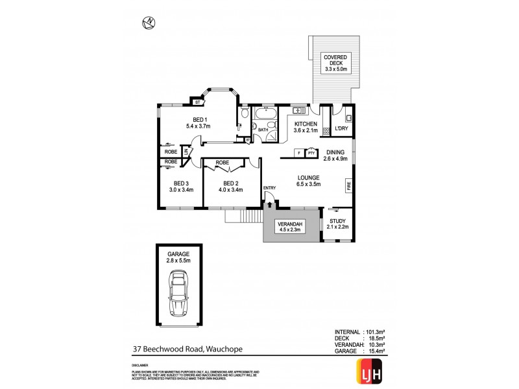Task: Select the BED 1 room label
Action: tap(196, 123)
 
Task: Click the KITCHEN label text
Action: tap(306, 127)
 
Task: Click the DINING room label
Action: tap(336, 156)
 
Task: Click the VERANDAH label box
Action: tap(291, 226)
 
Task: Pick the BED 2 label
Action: tap(232, 187)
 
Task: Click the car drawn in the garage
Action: tap(176, 292)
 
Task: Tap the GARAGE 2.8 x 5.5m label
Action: tap(176, 257)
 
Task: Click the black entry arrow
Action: tap(269, 204)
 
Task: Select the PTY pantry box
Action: tap(311, 153)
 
